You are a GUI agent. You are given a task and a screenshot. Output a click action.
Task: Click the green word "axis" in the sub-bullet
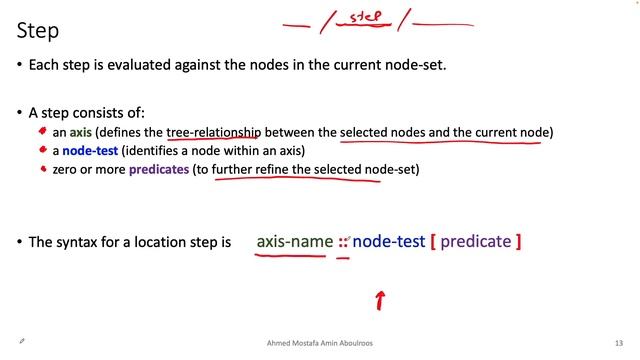click(81, 132)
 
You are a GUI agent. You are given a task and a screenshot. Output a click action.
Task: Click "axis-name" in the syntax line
click(294, 241)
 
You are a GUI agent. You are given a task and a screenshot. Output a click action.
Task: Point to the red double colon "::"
click(343, 242)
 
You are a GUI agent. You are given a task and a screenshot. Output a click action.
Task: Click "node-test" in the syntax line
click(389, 241)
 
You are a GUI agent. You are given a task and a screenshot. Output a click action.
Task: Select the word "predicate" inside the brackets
click(476, 241)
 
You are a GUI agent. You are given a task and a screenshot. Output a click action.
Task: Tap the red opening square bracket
click(431, 242)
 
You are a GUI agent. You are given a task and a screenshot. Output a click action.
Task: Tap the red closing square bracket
click(519, 242)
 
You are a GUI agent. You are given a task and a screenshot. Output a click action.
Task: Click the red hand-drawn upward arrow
click(380, 299)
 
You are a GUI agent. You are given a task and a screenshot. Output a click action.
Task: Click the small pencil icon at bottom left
click(21, 341)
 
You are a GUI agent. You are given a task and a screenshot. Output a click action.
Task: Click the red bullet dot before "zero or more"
click(43, 170)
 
